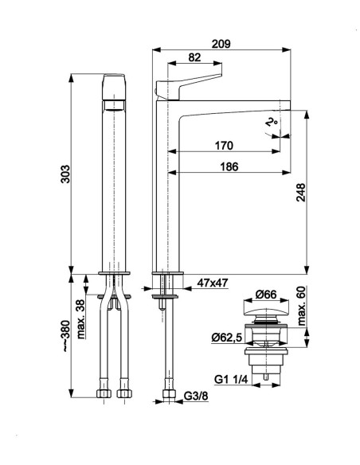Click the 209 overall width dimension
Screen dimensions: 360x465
tap(221, 44)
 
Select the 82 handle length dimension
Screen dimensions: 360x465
tap(194, 57)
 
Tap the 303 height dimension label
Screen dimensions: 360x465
tap(65, 174)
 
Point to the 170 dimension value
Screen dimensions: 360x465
tap(224, 145)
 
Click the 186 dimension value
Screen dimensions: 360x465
tap(229, 166)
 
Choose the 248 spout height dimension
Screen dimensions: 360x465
tap(301, 192)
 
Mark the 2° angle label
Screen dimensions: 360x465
tap(271, 122)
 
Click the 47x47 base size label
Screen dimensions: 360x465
tap(213, 283)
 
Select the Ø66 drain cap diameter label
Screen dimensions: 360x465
tap(266, 295)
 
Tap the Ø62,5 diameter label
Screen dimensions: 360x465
tap(227, 337)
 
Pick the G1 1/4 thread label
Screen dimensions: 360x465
tap(231, 379)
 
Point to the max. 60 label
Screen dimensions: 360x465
tap(301, 306)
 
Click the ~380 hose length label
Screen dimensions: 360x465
tap(65, 336)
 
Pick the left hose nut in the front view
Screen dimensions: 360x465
tap(104, 393)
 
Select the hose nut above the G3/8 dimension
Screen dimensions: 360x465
tap(170, 393)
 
